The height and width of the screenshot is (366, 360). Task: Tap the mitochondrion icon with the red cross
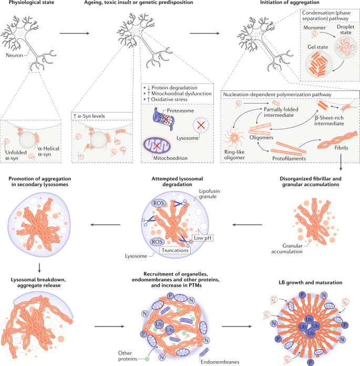[x=156, y=143]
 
